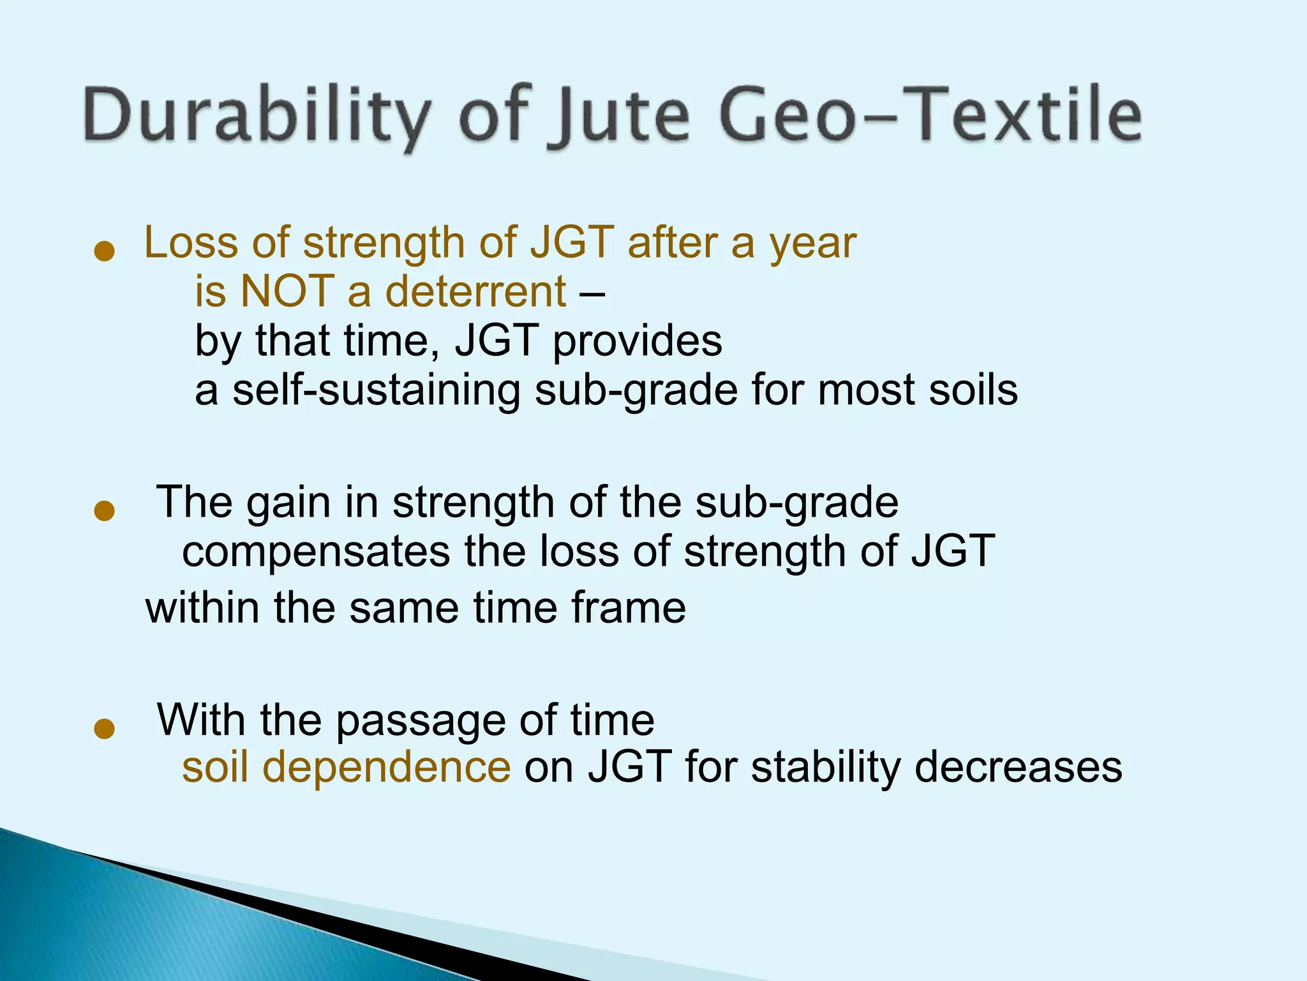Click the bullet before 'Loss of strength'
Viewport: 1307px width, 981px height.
tap(103, 251)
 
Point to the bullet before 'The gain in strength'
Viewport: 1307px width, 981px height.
tap(103, 511)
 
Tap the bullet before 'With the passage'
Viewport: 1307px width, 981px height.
tap(103, 729)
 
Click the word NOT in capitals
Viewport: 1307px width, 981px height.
tap(287, 291)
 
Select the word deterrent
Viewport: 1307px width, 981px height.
tap(475, 291)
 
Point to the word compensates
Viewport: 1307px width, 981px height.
tap(316, 551)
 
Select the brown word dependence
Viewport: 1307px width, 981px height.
tap(386, 767)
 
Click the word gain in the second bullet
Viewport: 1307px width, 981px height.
tap(288, 503)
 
